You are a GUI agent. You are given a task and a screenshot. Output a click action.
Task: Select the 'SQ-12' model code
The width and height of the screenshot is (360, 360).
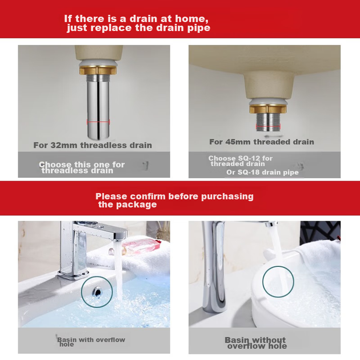(x=249, y=158)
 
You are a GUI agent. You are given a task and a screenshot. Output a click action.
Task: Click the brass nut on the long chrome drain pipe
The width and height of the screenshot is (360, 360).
(x=98, y=70)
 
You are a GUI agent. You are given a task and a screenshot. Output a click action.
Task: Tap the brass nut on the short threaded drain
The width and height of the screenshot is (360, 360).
(x=268, y=109)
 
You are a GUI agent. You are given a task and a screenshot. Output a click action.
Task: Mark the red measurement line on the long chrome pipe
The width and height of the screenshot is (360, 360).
(x=98, y=122)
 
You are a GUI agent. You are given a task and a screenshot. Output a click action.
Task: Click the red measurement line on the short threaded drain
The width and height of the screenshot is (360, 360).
(x=268, y=127)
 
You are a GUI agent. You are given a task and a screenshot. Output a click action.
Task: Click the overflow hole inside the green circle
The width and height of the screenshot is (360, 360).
(x=97, y=292)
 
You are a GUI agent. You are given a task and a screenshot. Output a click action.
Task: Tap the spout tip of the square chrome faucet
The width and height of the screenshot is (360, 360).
(x=118, y=239)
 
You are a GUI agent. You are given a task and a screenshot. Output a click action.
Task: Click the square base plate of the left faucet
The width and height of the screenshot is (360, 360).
(x=74, y=275)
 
